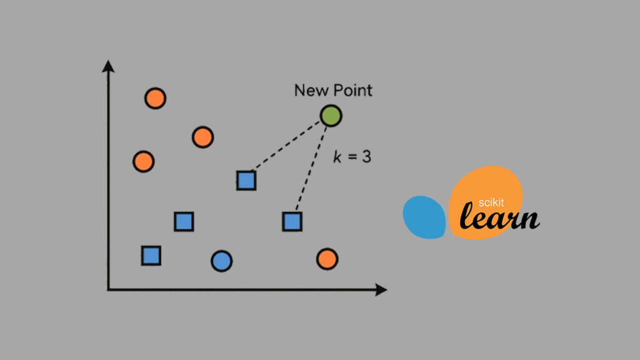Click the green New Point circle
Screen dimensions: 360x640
[331, 116]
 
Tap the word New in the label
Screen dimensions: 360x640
[310, 90]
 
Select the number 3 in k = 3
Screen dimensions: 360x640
[366, 156]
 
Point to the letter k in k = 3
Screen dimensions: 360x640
[337, 156]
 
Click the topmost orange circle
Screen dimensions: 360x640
[155, 98]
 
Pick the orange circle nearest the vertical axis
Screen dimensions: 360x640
[144, 161]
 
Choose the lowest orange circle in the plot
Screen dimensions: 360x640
[327, 258]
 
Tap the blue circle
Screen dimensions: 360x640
[221, 261]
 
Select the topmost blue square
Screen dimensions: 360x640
[246, 180]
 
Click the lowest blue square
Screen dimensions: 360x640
[151, 255]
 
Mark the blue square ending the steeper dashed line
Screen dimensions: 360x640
[292, 221]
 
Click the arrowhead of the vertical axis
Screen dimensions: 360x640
[108, 64]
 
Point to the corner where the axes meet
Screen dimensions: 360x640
[109, 289]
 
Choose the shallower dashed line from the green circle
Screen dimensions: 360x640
[288, 144]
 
